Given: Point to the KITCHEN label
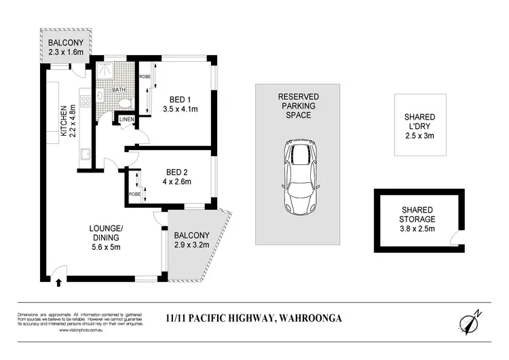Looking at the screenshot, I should (x=64, y=121).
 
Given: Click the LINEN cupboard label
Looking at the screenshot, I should (x=128, y=120).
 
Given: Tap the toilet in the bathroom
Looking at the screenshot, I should (x=124, y=101).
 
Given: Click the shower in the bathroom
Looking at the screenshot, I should (x=107, y=69).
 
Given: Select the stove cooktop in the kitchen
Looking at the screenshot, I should (x=86, y=102).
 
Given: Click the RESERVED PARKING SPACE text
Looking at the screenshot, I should (x=298, y=106).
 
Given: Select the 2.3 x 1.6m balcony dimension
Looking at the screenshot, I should (x=65, y=52).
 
